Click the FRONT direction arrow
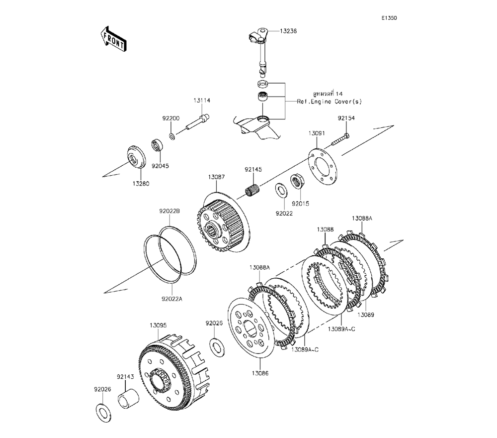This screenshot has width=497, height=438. (113, 39)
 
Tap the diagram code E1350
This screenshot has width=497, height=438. (389, 18)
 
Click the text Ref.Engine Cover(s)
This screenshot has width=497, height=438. (330, 101)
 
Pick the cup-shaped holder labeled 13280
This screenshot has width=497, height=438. (135, 155)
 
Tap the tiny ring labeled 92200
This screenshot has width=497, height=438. (172, 136)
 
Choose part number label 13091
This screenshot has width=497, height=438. (316, 133)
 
